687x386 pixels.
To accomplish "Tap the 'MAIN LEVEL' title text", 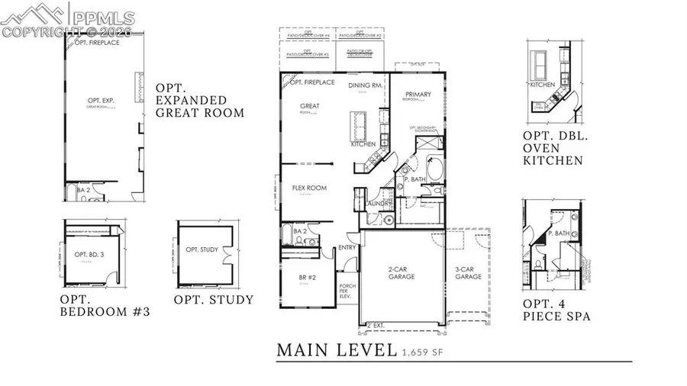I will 336,350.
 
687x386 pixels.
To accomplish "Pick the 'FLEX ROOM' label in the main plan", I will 309,188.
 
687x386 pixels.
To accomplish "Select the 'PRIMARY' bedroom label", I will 418,95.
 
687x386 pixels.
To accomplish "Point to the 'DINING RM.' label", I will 364,85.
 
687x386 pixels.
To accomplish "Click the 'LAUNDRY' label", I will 379,204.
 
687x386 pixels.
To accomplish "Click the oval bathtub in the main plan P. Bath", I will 434,168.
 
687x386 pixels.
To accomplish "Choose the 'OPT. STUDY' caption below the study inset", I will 213,300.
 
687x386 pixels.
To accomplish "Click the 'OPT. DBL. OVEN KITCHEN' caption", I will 553,148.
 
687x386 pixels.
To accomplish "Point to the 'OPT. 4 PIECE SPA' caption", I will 556,309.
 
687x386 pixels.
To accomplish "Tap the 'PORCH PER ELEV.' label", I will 347,292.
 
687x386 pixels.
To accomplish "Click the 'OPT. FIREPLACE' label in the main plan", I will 312,82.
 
